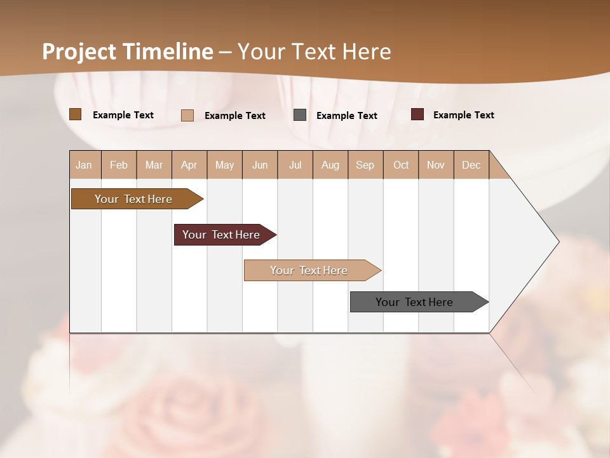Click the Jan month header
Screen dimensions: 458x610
(x=85, y=165)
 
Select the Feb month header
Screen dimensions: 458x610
(x=119, y=165)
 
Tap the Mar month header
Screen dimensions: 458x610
(x=154, y=165)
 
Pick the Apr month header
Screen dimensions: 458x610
(x=189, y=165)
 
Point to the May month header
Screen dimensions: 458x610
(x=224, y=165)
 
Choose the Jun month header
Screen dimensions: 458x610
(x=260, y=165)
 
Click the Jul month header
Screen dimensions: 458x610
(x=295, y=165)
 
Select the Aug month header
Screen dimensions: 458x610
(x=330, y=165)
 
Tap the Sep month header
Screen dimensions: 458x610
(x=365, y=165)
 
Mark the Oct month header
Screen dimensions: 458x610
(x=401, y=165)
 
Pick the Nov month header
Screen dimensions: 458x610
(x=436, y=165)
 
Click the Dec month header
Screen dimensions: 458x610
(x=471, y=165)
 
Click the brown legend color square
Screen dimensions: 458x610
(x=76, y=114)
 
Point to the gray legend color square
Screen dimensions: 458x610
(x=300, y=115)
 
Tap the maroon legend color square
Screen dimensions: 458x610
(x=417, y=114)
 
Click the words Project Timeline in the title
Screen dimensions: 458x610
(x=128, y=52)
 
